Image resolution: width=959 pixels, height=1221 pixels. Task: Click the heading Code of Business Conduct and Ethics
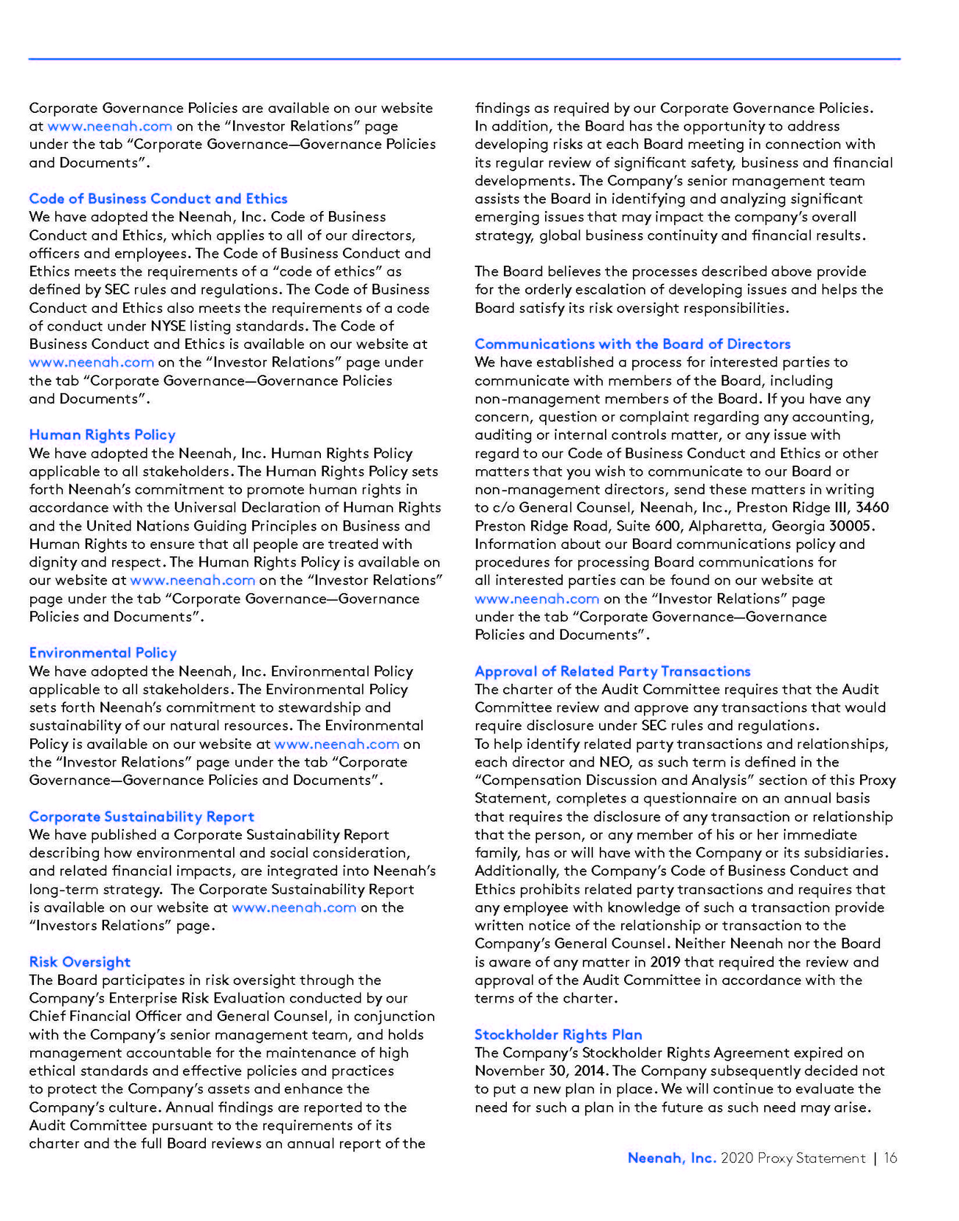[158, 198]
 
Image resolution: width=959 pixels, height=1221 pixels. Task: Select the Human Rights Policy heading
[102, 435]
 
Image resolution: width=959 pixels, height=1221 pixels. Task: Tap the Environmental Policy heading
[103, 652]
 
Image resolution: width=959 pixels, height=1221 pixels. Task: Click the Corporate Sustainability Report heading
[142, 816]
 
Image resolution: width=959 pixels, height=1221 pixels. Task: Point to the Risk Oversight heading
[80, 961]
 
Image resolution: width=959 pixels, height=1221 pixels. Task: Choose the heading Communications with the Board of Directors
[632, 344]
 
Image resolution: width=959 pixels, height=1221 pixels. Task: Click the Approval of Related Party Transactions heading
[612, 671]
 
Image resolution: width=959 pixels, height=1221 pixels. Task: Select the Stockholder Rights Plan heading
[558, 1034]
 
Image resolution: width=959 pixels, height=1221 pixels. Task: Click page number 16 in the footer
[890, 1158]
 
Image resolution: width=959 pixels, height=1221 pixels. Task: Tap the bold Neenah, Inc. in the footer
[671, 1158]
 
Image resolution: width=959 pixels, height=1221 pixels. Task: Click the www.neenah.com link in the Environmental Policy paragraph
[336, 744]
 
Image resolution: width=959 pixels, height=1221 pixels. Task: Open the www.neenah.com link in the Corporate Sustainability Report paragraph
[294, 907]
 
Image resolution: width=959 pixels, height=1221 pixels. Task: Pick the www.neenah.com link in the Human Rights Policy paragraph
[193, 580]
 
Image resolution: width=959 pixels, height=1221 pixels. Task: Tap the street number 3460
[872, 508]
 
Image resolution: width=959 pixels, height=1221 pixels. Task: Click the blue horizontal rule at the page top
[465, 58]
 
